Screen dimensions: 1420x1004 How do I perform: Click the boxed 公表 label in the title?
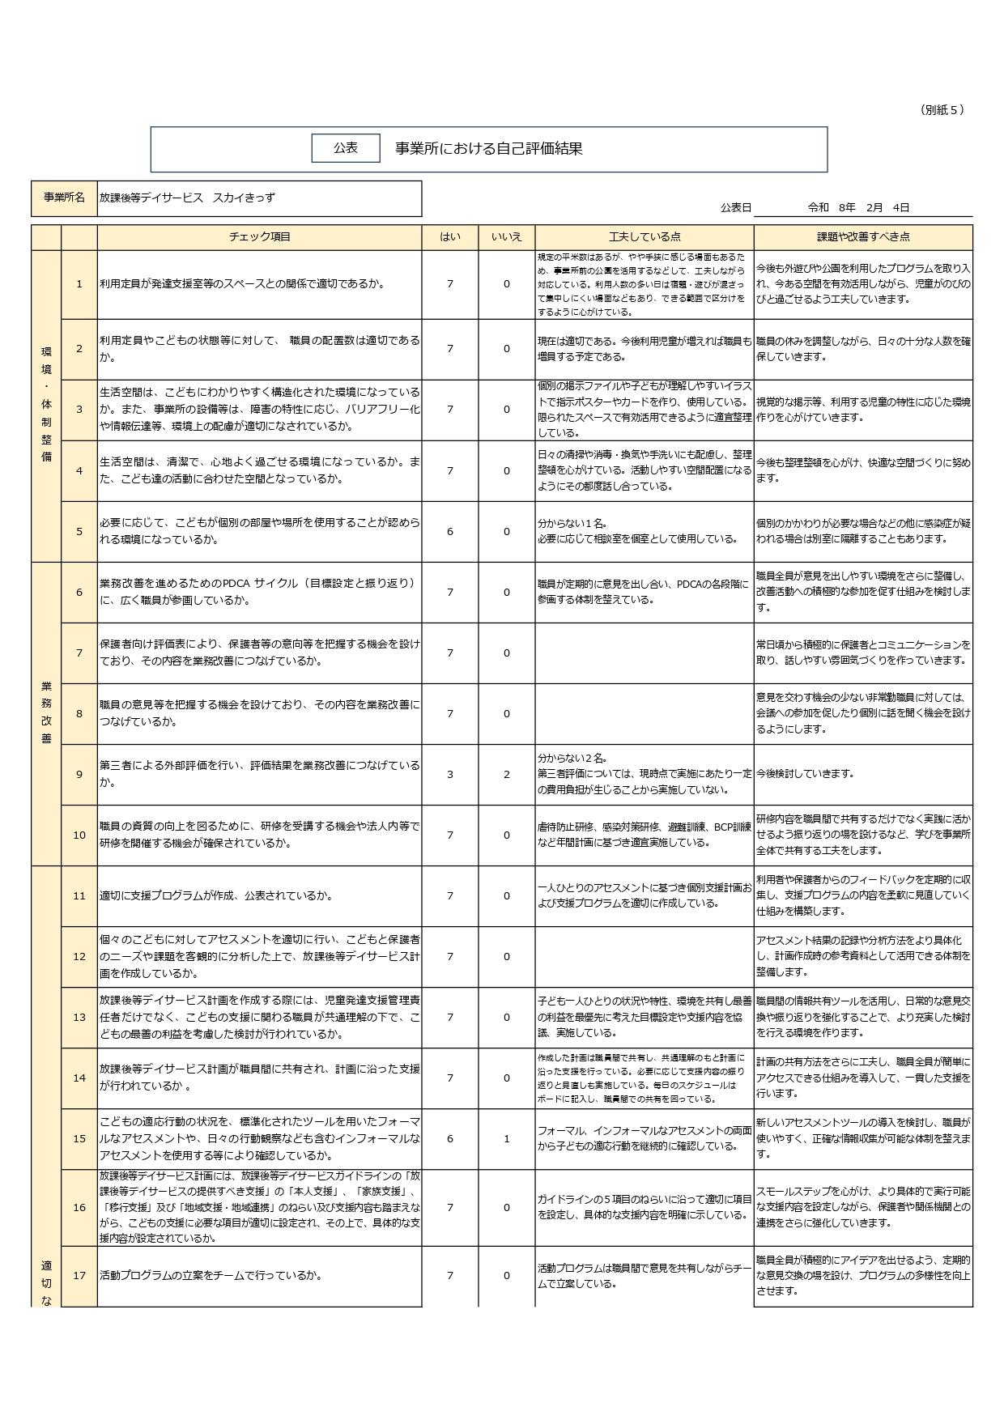(346, 148)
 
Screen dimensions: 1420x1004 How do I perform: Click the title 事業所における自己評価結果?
(488, 149)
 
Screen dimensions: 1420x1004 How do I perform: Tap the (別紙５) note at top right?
(942, 110)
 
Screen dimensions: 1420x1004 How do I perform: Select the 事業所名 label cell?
(64, 198)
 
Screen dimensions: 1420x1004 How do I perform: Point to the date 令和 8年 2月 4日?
(858, 207)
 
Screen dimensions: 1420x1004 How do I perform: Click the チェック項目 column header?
(259, 237)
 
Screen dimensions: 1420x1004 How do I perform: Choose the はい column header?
(450, 237)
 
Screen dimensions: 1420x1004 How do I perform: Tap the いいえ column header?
(507, 237)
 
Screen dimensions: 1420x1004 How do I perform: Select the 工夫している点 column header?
(645, 237)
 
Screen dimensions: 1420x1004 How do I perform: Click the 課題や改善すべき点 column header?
(863, 237)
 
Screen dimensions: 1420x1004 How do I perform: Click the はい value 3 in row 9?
(450, 774)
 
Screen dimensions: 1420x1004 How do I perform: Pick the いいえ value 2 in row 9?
(507, 774)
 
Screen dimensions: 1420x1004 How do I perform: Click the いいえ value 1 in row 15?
(507, 1138)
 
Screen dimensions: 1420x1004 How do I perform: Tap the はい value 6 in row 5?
(450, 531)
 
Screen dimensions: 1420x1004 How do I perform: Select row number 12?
(79, 956)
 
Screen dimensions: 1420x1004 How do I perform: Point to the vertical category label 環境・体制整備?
(46, 405)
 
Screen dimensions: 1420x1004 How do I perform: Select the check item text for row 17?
(211, 1276)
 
